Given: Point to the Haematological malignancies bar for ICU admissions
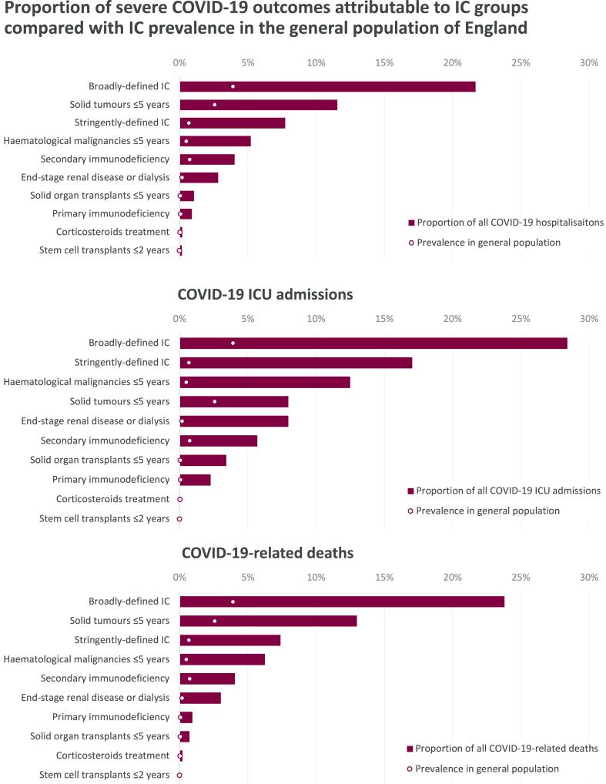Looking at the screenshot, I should (265, 382).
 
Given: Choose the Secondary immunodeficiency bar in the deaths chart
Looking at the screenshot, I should (207, 678).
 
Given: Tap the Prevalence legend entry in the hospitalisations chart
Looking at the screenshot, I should (488, 243).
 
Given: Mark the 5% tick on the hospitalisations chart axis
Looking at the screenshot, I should (247, 62).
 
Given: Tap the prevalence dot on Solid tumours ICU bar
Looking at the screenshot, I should (214, 401).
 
